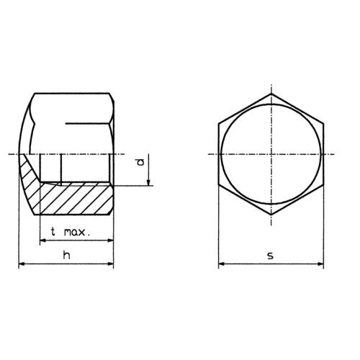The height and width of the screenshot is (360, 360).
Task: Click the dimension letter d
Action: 140,163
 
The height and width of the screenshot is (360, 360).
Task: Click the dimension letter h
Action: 66,256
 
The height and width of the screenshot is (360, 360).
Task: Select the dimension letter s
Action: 271,256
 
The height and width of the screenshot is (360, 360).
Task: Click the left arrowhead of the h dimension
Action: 22,265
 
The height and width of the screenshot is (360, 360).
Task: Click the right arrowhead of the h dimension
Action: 109,265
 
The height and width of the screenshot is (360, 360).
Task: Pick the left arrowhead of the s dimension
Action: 222,265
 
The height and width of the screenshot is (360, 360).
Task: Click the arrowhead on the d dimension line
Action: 149,182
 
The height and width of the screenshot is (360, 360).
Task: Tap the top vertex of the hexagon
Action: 271,94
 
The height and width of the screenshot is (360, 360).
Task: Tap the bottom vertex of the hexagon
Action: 271,215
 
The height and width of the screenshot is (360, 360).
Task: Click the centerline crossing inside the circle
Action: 271,155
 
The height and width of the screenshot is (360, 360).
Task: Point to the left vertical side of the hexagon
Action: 219,155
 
